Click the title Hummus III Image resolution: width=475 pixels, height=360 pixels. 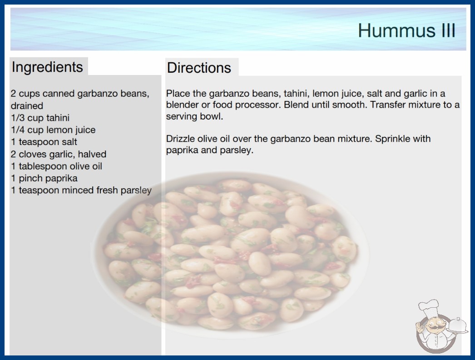[x=406, y=30]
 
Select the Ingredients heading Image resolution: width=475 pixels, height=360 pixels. [x=47, y=67]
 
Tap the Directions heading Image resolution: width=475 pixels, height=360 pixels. [x=199, y=68]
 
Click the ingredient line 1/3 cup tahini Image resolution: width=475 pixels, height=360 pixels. [x=40, y=118]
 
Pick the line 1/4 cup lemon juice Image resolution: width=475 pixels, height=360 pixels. [x=53, y=130]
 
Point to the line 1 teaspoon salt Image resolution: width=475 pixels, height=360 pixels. [x=44, y=142]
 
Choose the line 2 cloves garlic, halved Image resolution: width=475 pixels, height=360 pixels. [x=59, y=154]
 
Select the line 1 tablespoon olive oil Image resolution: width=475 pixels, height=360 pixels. [x=57, y=166]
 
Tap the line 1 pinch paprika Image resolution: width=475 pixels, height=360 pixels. [x=44, y=178]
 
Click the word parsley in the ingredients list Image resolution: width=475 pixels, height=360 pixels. [x=136, y=190]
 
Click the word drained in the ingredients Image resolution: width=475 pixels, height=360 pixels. [x=27, y=106]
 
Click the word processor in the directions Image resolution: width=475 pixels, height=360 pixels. [x=258, y=105]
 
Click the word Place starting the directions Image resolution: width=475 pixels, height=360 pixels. [x=177, y=94]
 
